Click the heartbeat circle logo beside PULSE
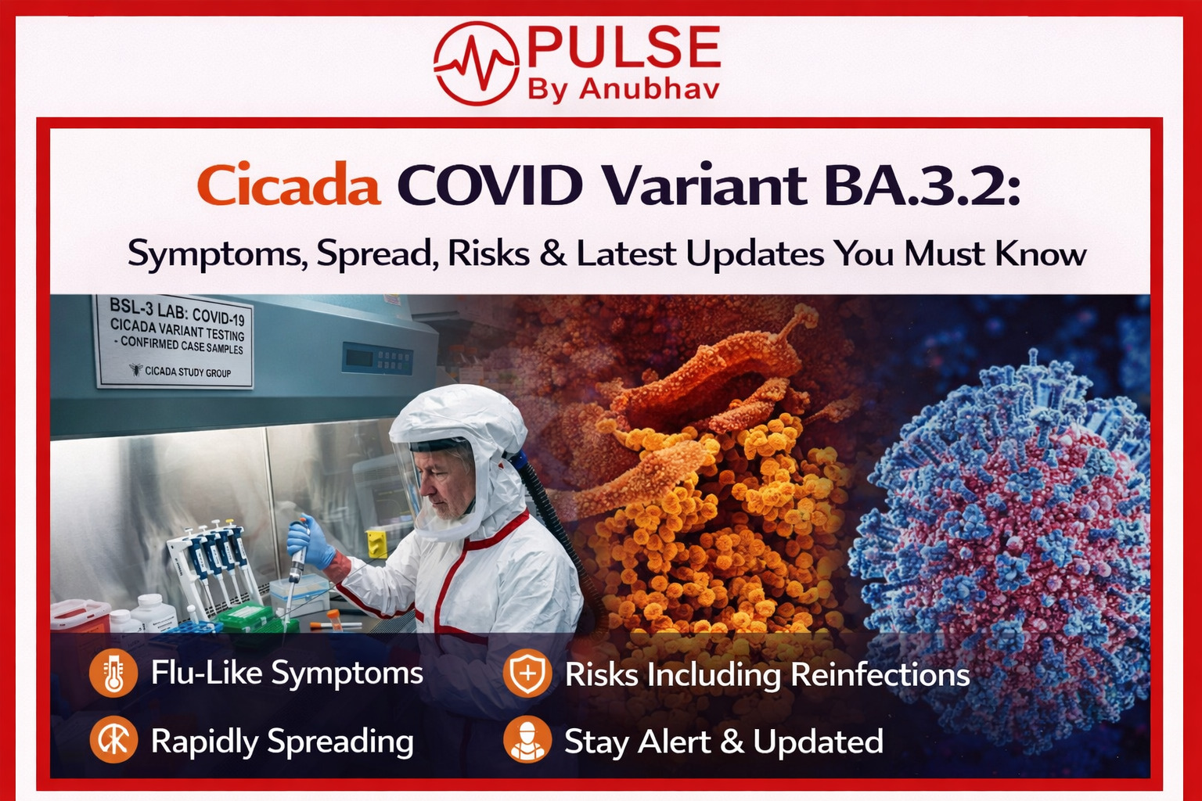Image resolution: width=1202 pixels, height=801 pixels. [476, 63]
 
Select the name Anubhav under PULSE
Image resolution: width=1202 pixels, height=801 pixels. [649, 89]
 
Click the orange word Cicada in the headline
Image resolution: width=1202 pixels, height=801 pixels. [289, 185]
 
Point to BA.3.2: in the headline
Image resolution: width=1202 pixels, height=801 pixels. [922, 185]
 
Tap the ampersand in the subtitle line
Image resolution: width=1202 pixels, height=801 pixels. [553, 253]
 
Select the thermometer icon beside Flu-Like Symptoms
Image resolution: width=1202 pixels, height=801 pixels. [113, 673]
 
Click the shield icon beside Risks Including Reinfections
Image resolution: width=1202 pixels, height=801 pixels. [527, 673]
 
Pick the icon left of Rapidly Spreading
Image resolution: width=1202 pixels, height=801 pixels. [113, 739]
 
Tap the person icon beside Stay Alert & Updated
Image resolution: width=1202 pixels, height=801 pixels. [527, 739]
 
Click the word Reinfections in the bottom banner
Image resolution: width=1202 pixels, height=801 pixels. [880, 673]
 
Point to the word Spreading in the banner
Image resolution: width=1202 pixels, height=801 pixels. [340, 742]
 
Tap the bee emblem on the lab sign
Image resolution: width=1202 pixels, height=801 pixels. [135, 369]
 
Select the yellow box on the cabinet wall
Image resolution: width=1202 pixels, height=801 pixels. [376, 543]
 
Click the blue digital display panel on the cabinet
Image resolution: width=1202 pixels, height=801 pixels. [378, 357]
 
